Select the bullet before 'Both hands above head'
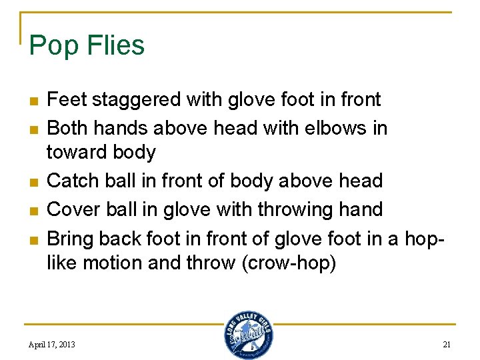pyautogui.click(x=32, y=129)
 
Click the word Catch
pyautogui.click(x=71, y=181)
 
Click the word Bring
pyautogui.click(x=71, y=238)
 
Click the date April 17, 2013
pyautogui.click(x=51, y=345)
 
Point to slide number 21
pyautogui.click(x=447, y=345)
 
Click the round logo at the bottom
pyautogui.click(x=248, y=334)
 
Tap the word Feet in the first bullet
pyautogui.click(x=67, y=100)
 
